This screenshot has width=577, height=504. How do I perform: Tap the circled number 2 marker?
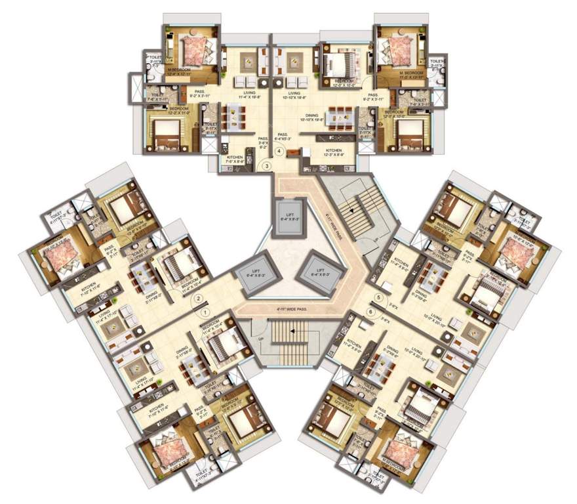click(x=196, y=301)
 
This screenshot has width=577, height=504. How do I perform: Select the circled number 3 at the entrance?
click(x=267, y=165)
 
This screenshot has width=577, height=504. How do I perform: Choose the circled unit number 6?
click(x=372, y=312)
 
